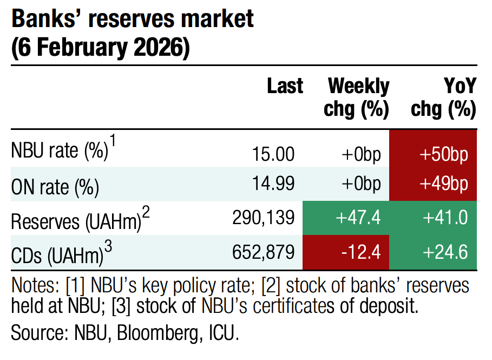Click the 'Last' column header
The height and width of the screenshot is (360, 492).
point(285,87)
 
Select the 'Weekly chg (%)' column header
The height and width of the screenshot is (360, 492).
point(357,98)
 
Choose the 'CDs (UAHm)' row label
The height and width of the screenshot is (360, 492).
point(57,252)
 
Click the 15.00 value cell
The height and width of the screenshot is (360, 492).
point(273,154)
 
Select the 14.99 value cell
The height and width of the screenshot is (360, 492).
point(273,185)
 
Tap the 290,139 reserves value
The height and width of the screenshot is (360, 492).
point(263,218)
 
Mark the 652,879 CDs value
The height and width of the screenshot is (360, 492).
point(263,252)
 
